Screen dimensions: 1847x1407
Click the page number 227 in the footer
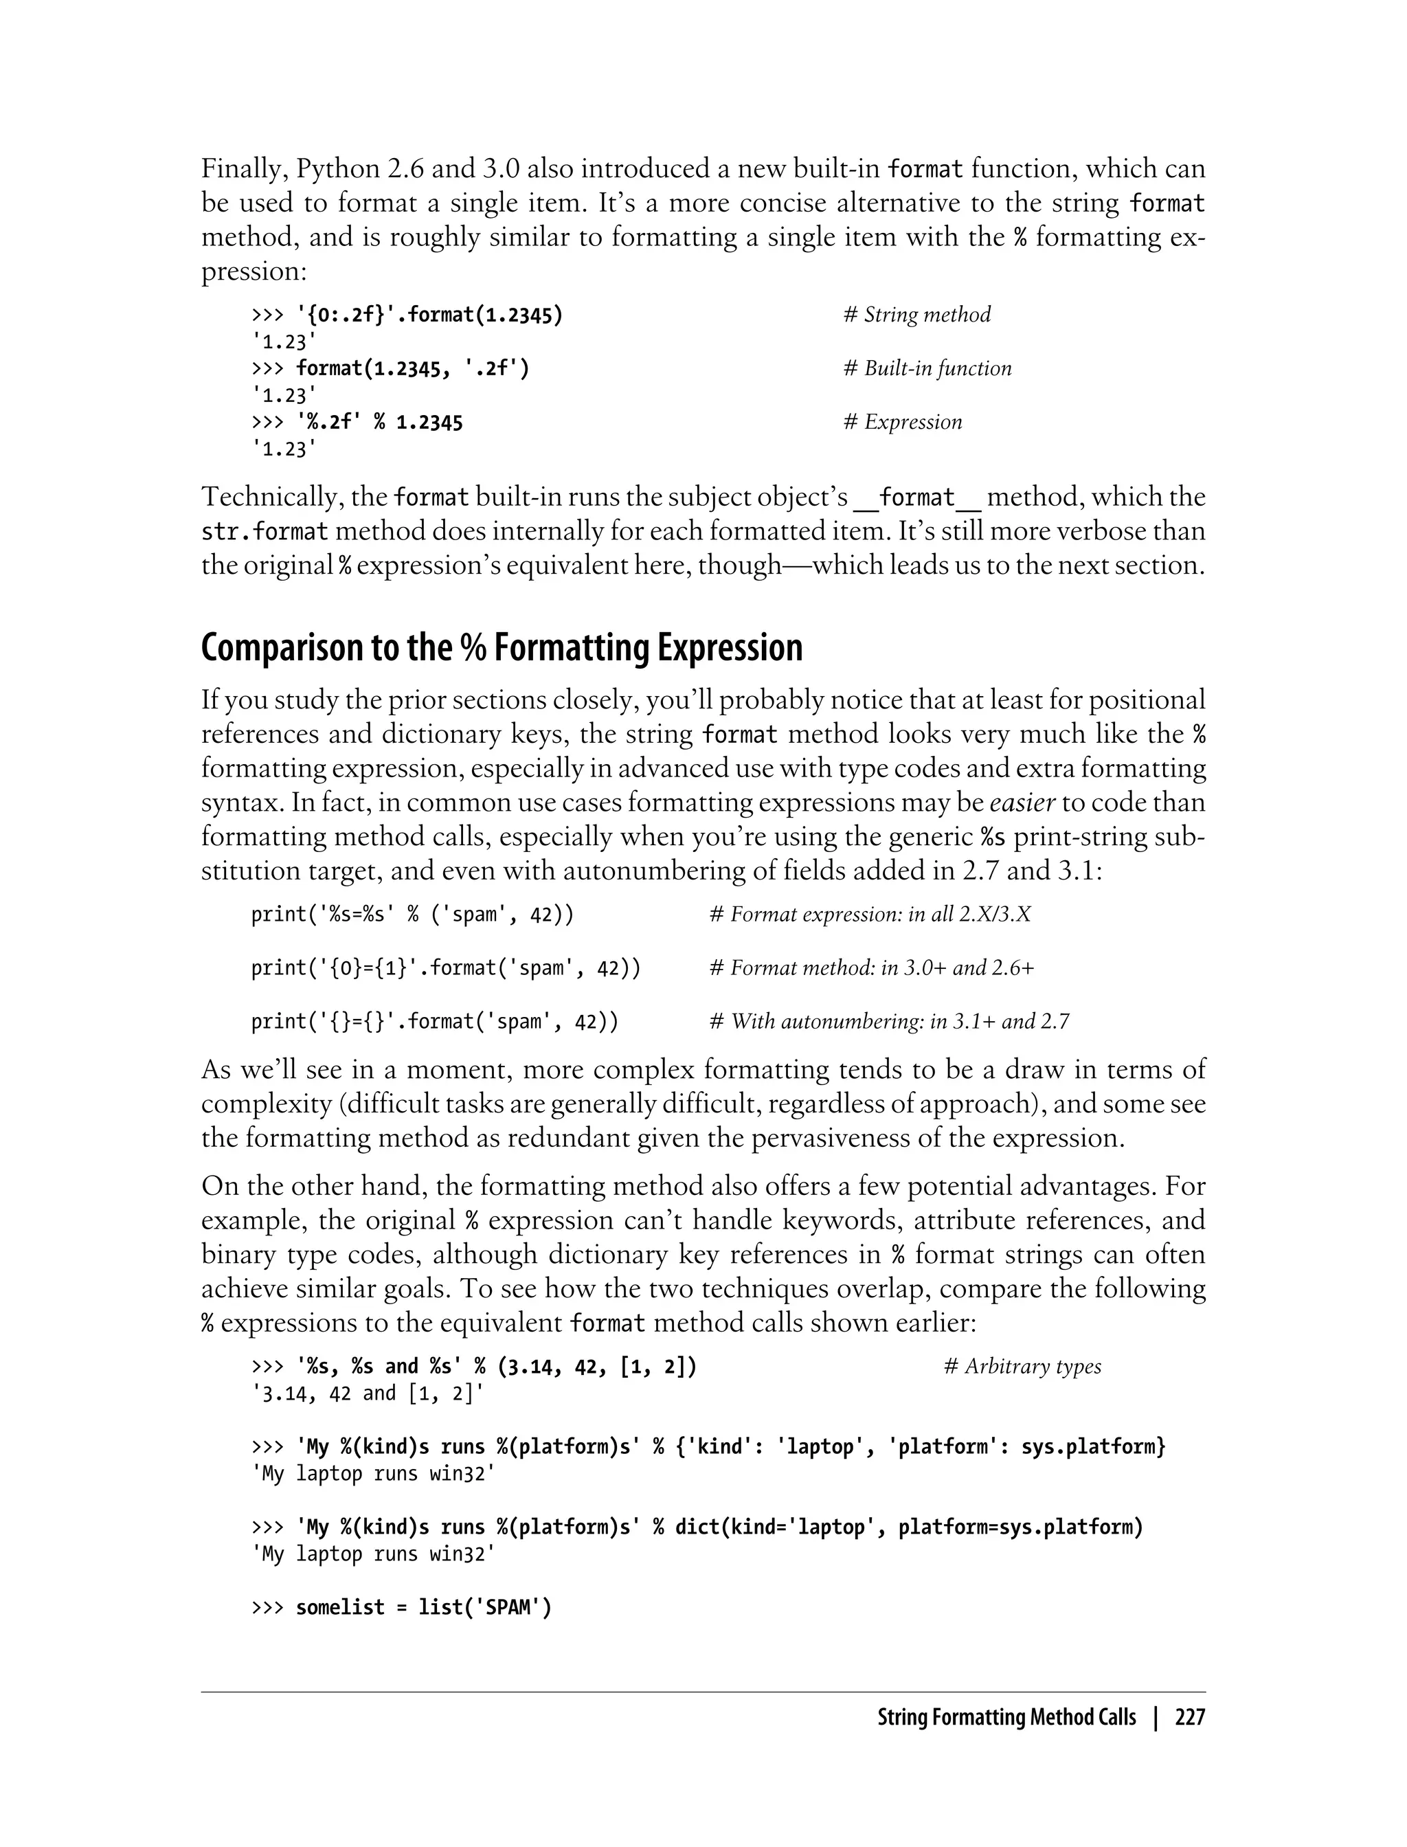click(x=1189, y=1718)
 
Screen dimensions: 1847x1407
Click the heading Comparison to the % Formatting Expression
click(x=502, y=649)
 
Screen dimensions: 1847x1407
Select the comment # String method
click(x=916, y=315)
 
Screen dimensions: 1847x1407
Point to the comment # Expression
click(x=902, y=422)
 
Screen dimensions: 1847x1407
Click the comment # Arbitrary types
click(x=1022, y=1367)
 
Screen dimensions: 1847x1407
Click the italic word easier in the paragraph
click(x=1022, y=803)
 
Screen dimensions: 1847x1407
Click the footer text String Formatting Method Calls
click(x=1006, y=1718)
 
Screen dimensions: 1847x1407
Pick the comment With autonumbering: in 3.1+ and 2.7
click(x=890, y=1022)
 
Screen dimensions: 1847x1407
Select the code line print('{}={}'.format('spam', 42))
click(x=435, y=1022)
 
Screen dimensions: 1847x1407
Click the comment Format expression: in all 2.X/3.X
click(x=870, y=915)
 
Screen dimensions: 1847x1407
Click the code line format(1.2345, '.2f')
click(x=412, y=368)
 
